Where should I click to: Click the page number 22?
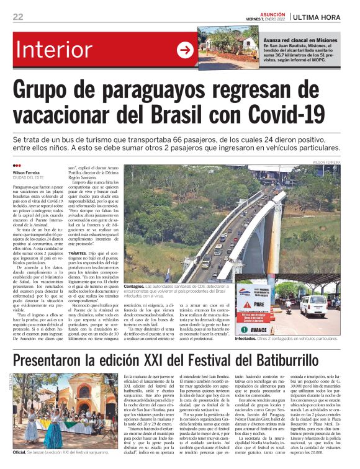coord(18,17)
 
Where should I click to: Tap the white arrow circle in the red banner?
coord(185,50)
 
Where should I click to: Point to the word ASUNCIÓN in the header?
coord(274,13)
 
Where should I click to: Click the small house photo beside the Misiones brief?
coord(220,48)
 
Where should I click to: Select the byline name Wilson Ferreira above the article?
coord(26,172)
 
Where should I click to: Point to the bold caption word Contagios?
coord(135,286)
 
